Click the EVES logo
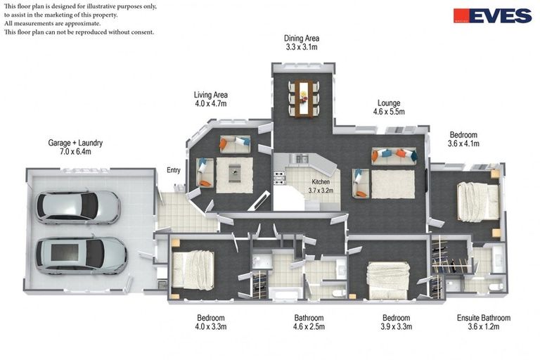tap(492, 15)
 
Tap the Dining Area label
tap(302, 38)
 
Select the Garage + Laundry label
tap(75, 143)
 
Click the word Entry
tap(174, 170)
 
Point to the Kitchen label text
tap(321, 182)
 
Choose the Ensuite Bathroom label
tap(484, 318)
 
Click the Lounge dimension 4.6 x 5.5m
tap(389, 112)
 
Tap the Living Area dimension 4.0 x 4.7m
tap(211, 103)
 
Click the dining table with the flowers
tap(304, 98)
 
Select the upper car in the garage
tap(78, 207)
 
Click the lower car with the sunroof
tap(82, 256)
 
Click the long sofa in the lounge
tap(394, 155)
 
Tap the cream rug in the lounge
tap(393, 184)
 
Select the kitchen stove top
tap(279, 178)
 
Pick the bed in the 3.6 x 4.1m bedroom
tap(478, 202)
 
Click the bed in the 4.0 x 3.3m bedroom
tap(193, 270)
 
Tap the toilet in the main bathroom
tap(339, 293)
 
